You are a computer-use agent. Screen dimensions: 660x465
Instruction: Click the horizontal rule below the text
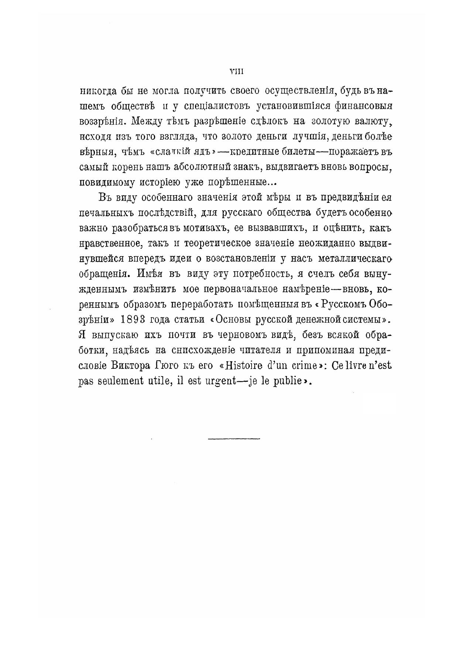click(234, 439)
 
